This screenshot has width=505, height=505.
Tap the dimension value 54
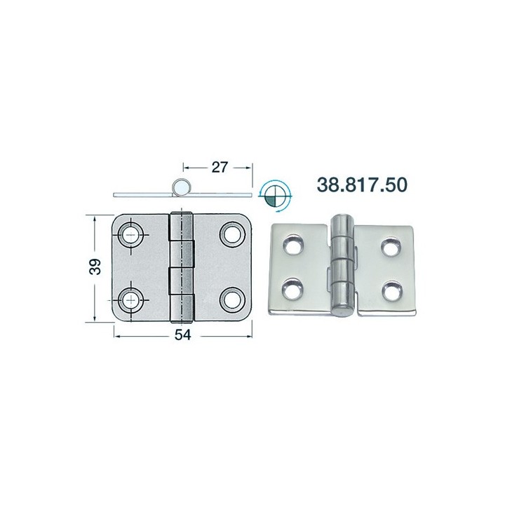point(182,335)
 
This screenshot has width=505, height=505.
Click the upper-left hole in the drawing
point(130,235)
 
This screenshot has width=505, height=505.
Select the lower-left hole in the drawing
point(130,299)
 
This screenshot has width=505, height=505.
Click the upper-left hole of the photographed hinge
point(291,246)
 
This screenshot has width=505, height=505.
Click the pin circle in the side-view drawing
point(182,187)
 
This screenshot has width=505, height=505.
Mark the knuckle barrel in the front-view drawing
point(182,267)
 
